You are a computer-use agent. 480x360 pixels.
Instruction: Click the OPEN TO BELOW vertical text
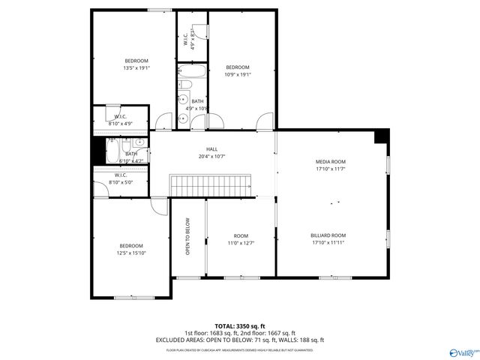click(187, 236)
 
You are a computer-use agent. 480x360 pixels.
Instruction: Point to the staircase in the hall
click(211, 185)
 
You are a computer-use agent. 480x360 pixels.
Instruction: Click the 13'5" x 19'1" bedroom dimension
click(136, 67)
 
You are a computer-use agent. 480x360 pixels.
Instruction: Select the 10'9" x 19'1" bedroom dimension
click(238, 74)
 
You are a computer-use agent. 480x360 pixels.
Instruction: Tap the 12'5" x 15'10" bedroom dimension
click(130, 253)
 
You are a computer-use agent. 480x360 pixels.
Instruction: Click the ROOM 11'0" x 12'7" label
click(241, 239)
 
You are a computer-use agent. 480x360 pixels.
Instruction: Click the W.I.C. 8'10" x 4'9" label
click(121, 120)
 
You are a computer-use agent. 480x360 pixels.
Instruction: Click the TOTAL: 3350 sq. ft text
click(240, 326)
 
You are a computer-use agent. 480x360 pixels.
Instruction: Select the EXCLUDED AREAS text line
click(240, 340)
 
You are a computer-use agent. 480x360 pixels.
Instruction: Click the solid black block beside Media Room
click(382, 136)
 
